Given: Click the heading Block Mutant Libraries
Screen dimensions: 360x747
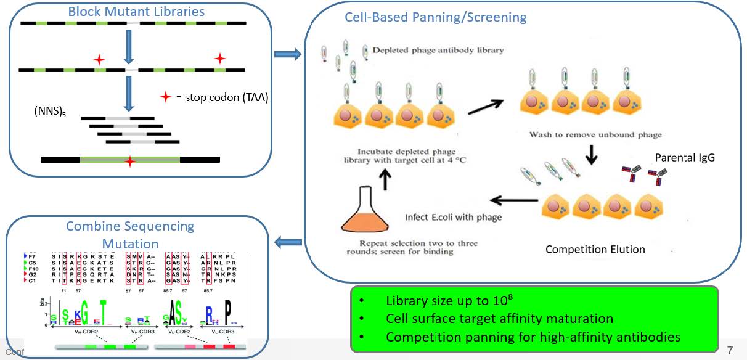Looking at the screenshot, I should [136, 12].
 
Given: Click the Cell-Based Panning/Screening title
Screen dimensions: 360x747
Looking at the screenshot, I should [435, 17].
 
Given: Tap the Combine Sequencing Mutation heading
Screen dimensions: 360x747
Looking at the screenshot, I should [130, 235].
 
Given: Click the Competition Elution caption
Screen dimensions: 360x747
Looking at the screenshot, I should [595, 250].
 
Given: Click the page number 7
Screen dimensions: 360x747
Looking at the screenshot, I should [730, 350].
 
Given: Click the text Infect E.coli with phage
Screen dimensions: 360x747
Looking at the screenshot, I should [453, 217].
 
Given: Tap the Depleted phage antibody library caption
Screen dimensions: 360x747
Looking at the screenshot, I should [438, 51].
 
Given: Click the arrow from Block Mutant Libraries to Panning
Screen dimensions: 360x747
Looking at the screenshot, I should [287, 55].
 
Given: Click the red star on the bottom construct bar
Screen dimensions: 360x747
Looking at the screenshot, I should [129, 162].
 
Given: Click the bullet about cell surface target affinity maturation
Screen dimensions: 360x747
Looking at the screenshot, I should [499, 319].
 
